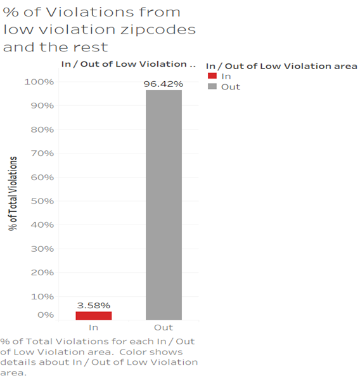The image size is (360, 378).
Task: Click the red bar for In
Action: coord(94,316)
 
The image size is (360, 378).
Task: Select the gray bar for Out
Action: coord(164,205)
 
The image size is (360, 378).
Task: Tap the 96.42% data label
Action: coord(164,84)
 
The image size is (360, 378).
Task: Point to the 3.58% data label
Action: coord(94,306)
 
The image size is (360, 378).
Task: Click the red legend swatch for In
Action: coord(212,76)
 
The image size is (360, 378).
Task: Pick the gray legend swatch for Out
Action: coord(212,86)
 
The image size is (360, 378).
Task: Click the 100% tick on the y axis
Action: coord(39,82)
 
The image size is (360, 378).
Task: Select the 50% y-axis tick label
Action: coord(42,201)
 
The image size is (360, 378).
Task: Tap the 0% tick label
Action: coord(46,315)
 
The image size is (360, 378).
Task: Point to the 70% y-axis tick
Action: coord(42,153)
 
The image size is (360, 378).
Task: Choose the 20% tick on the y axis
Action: coord(42,273)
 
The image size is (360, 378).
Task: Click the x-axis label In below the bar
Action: coord(94,327)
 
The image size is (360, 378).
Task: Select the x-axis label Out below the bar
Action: coord(164,327)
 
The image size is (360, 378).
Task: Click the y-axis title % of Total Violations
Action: coord(13,193)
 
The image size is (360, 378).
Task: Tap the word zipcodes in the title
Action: coord(158,30)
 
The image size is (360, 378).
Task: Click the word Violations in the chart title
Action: coord(89,12)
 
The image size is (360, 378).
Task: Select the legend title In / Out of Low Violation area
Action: coord(281,66)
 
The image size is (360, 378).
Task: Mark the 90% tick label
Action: coord(42,105)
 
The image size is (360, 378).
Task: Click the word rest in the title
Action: coord(91,47)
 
